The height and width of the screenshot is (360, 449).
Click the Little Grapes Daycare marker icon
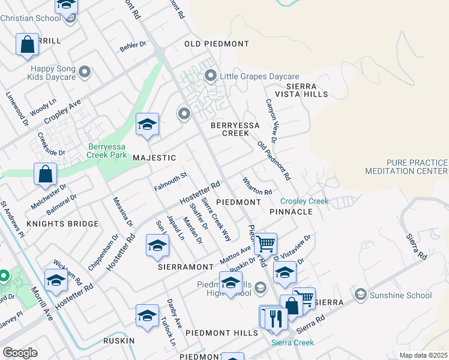tap(211, 76)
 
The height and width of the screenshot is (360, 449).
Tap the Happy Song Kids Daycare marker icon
tap(85, 73)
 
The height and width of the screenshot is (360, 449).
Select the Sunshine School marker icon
tap(360, 295)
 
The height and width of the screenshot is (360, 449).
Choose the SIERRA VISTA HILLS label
tap(301, 90)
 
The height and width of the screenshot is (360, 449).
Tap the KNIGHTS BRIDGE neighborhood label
tap(62, 224)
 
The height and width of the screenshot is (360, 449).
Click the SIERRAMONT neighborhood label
tap(185, 266)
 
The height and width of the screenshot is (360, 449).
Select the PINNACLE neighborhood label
tap(291, 212)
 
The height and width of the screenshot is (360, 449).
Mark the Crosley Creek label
tap(304, 202)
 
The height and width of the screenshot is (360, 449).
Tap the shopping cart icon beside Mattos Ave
tap(265, 243)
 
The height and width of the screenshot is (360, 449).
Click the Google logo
tap(20, 353)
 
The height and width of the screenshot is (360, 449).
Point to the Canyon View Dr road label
tap(271, 120)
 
